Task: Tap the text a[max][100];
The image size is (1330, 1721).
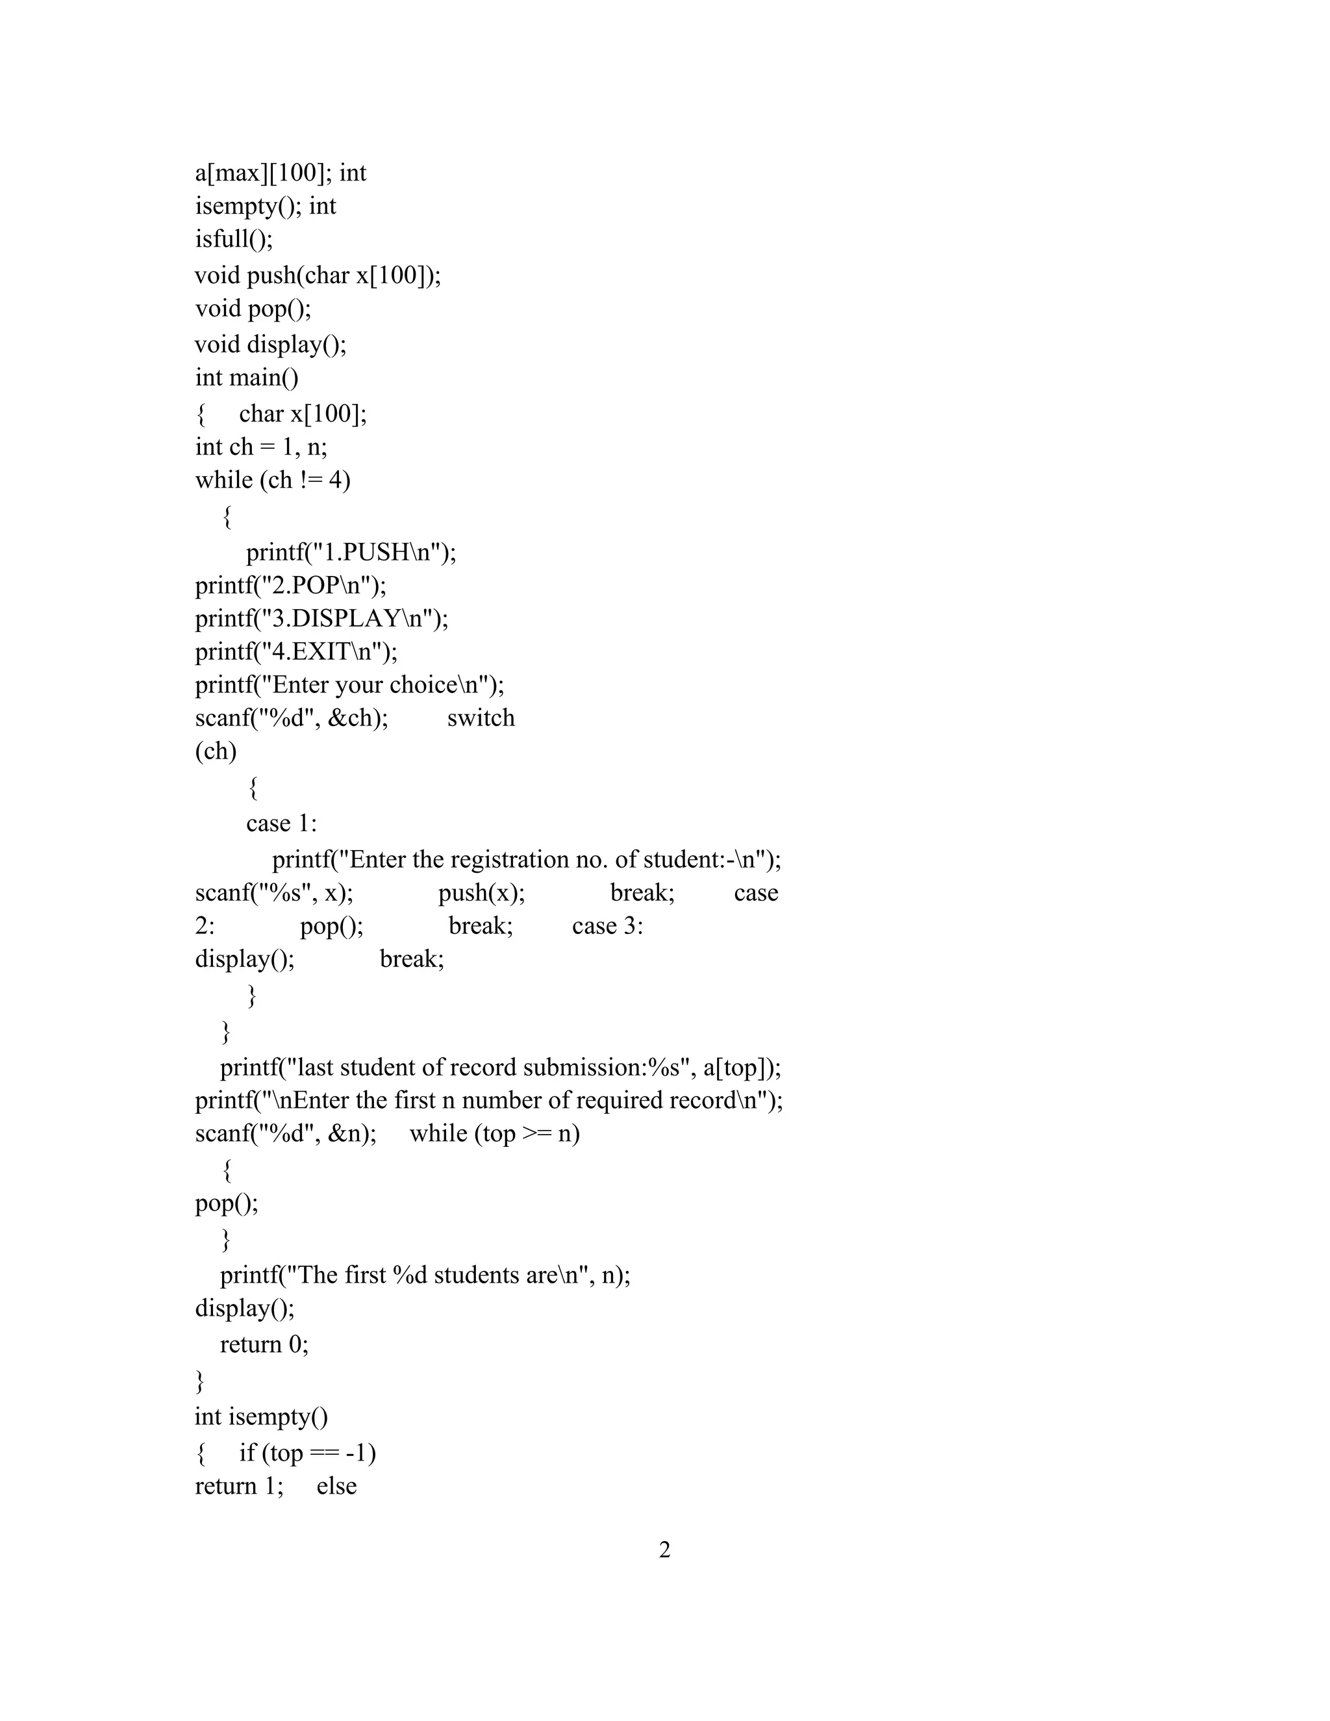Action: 264,173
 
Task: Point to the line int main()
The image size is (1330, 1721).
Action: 247,377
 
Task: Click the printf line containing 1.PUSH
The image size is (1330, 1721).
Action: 351,553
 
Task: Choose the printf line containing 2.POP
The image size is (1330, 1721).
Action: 291,586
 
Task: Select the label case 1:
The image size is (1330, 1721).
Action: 281,823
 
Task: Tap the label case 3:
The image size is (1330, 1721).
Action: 607,926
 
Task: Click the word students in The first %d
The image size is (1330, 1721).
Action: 477,1275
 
